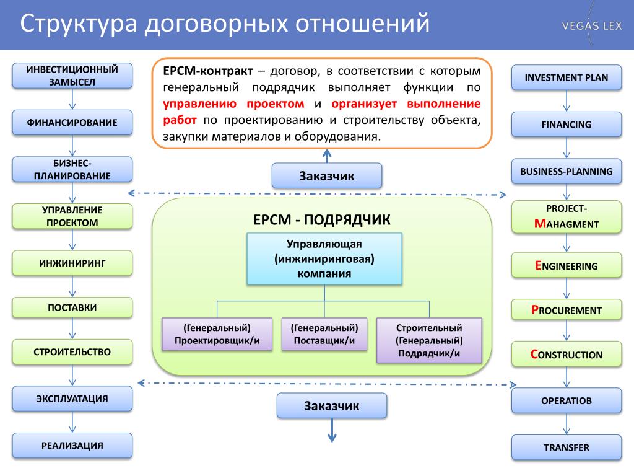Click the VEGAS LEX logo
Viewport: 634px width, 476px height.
point(591,26)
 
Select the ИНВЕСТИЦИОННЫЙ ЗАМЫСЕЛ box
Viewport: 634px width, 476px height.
point(72,76)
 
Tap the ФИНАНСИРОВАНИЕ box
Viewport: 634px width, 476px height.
point(72,122)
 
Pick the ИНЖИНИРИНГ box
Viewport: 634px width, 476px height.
point(72,263)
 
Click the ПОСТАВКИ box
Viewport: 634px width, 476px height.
point(72,307)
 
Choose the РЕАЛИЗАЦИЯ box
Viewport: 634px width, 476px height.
point(72,446)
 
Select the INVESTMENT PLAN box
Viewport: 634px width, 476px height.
point(567,77)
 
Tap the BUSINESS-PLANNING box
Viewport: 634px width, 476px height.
point(567,171)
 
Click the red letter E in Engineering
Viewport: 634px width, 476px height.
point(538,265)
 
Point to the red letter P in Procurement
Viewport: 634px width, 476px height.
point(534,310)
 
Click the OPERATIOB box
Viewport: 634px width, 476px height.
point(567,401)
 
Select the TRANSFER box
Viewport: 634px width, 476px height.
point(567,447)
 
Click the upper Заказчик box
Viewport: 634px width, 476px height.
point(327,175)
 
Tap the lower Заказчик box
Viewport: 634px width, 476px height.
point(332,405)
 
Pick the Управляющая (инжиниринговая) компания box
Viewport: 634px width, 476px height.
point(324,258)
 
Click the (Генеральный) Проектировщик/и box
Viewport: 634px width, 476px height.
point(217,334)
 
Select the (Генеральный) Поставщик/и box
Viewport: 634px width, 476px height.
point(324,334)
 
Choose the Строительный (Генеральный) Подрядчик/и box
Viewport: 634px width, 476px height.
point(429,340)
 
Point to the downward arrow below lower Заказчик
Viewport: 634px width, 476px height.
point(332,430)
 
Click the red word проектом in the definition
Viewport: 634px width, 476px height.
point(276,104)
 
